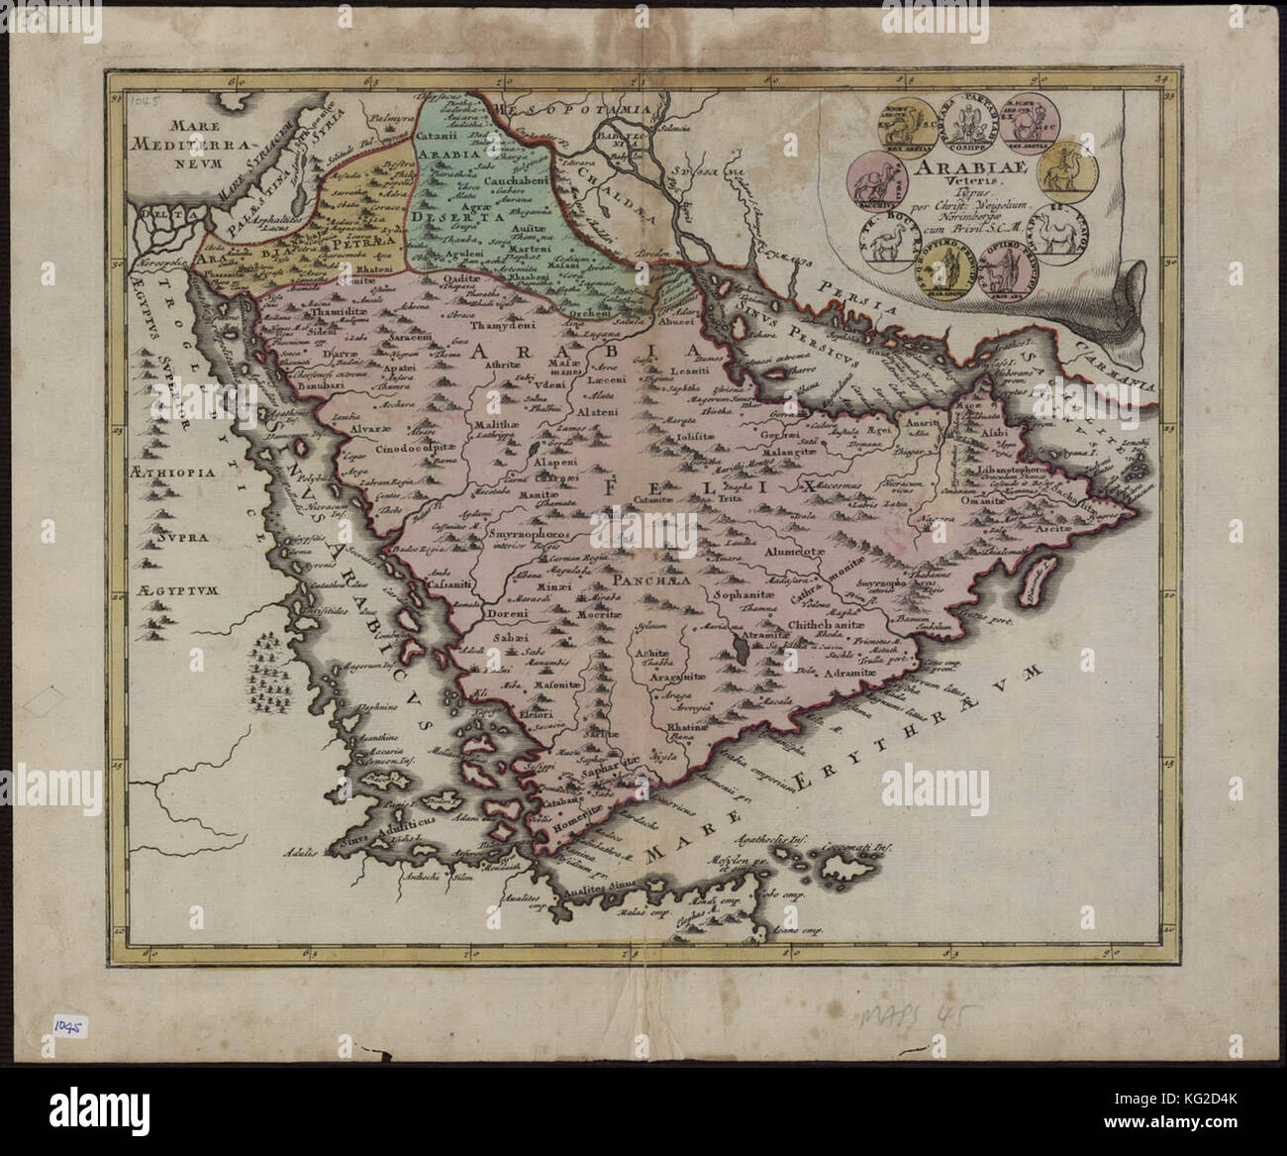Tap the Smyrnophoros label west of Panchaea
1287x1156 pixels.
[526, 536]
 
